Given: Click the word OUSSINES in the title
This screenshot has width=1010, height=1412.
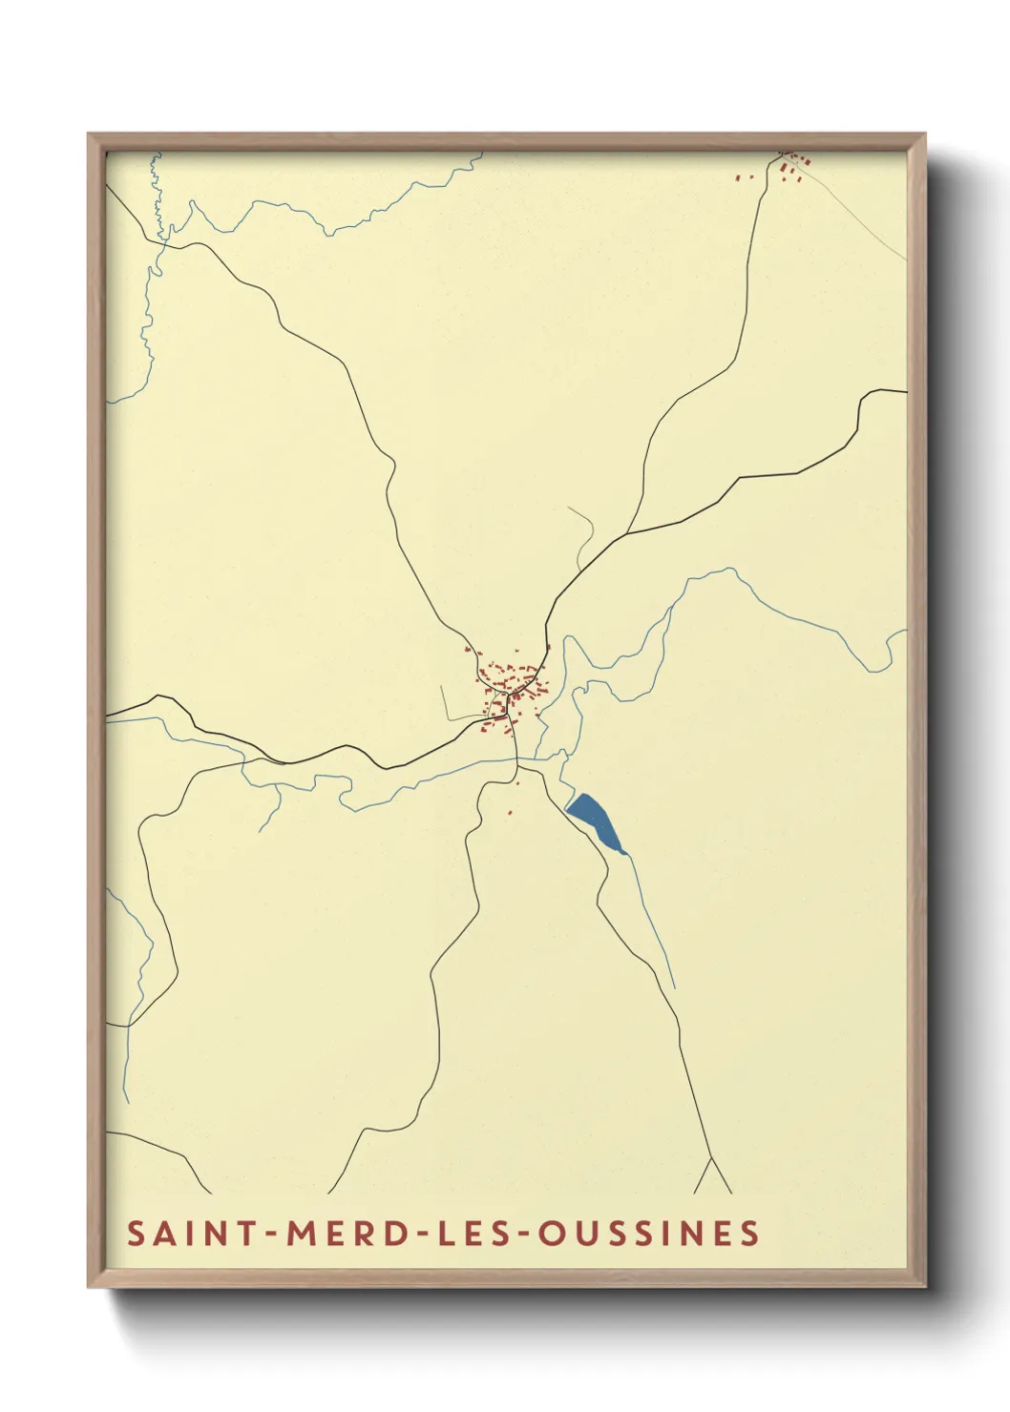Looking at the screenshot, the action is pos(649,1233).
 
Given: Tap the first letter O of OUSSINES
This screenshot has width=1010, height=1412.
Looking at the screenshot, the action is pos(550,1233).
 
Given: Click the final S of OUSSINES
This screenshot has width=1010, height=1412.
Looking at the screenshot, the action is pos(751,1233).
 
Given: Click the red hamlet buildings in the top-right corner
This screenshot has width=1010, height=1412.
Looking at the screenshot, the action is pos(790,168).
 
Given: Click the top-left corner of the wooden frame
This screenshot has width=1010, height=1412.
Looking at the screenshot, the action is pos(91,136).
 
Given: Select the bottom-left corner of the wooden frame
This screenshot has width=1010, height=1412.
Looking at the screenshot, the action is pos(91,1285).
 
